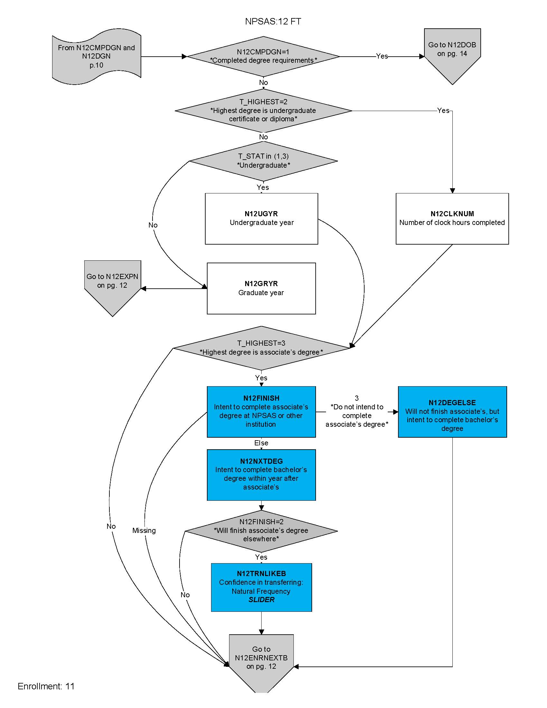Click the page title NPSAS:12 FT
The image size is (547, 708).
coord(273,21)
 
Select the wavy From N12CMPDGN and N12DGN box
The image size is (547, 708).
coord(96,56)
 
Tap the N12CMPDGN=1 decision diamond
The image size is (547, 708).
coord(263,56)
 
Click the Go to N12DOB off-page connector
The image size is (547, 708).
coord(452,52)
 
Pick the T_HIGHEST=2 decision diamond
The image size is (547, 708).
coord(263,110)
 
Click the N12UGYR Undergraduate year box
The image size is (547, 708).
coord(261,219)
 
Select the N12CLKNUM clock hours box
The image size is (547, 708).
coord(452,219)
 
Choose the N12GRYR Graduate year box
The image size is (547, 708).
coord(261,288)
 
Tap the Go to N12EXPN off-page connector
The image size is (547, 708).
coord(112,282)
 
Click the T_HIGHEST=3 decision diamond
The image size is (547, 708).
coord(261,348)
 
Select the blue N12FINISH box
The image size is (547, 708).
coord(261,411)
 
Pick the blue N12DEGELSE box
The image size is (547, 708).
coord(452,411)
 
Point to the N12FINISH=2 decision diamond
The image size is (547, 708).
coord(261,531)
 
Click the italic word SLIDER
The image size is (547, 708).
coord(261,600)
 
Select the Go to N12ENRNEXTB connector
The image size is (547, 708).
coord(261,658)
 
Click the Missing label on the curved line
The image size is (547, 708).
coord(144,531)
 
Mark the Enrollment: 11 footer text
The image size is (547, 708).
coord(46,686)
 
